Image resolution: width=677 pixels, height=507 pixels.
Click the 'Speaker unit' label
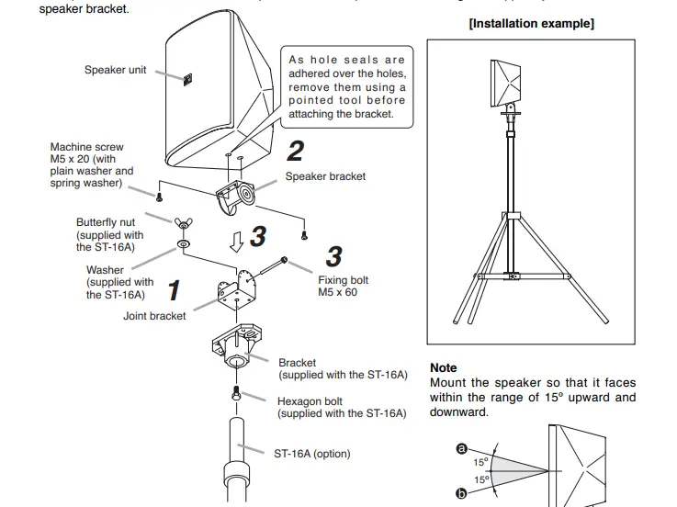(115, 70)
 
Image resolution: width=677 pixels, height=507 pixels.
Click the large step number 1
(174, 290)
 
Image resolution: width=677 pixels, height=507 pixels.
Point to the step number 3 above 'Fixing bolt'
(334, 255)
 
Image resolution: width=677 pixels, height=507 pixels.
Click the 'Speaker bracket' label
(325, 176)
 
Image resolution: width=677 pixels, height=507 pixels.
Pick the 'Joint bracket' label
(154, 316)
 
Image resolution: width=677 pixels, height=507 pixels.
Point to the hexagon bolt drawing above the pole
(236, 393)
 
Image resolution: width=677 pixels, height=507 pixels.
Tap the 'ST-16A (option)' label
(312, 454)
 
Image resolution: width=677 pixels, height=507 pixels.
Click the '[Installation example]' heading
(531, 24)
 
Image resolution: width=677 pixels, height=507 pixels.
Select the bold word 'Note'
(443, 367)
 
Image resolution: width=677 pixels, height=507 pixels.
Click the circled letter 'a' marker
(461, 448)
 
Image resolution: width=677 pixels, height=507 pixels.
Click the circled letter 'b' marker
(461, 494)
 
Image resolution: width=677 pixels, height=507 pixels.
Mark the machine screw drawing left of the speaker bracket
(159, 197)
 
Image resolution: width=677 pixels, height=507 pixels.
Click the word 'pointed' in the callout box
(310, 100)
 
